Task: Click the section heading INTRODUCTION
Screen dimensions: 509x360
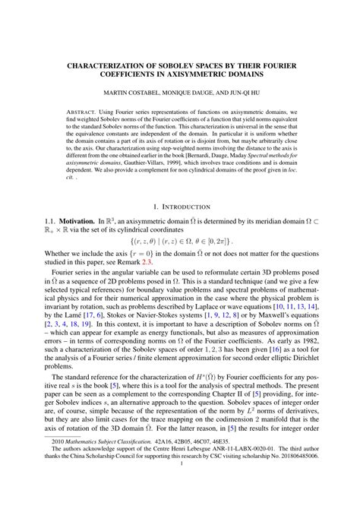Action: point(186,205)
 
